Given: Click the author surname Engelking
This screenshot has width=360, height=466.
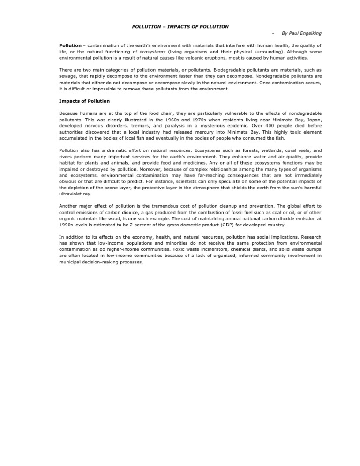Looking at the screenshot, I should [309, 34].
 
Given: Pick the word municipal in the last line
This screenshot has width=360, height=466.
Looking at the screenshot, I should [72, 263].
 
